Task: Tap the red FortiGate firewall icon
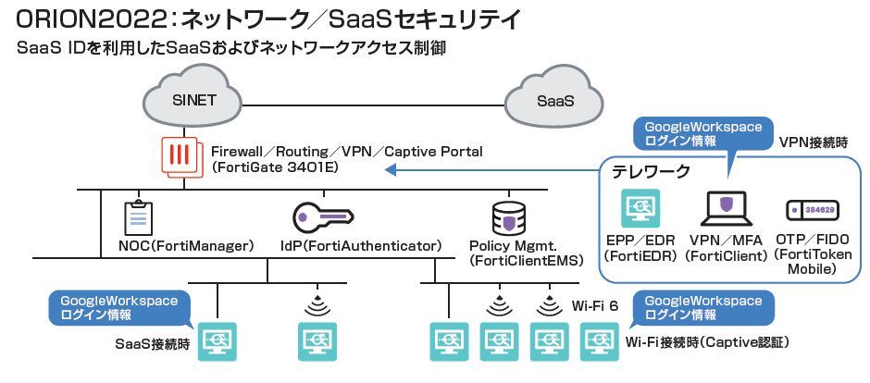click(180, 156)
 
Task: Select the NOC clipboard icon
click(138, 218)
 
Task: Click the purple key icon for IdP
click(322, 217)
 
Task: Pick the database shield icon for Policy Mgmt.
click(508, 218)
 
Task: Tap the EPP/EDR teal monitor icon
click(640, 209)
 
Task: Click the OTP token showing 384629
click(812, 210)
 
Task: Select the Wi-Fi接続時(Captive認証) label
click(707, 343)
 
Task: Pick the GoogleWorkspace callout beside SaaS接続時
click(119, 308)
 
